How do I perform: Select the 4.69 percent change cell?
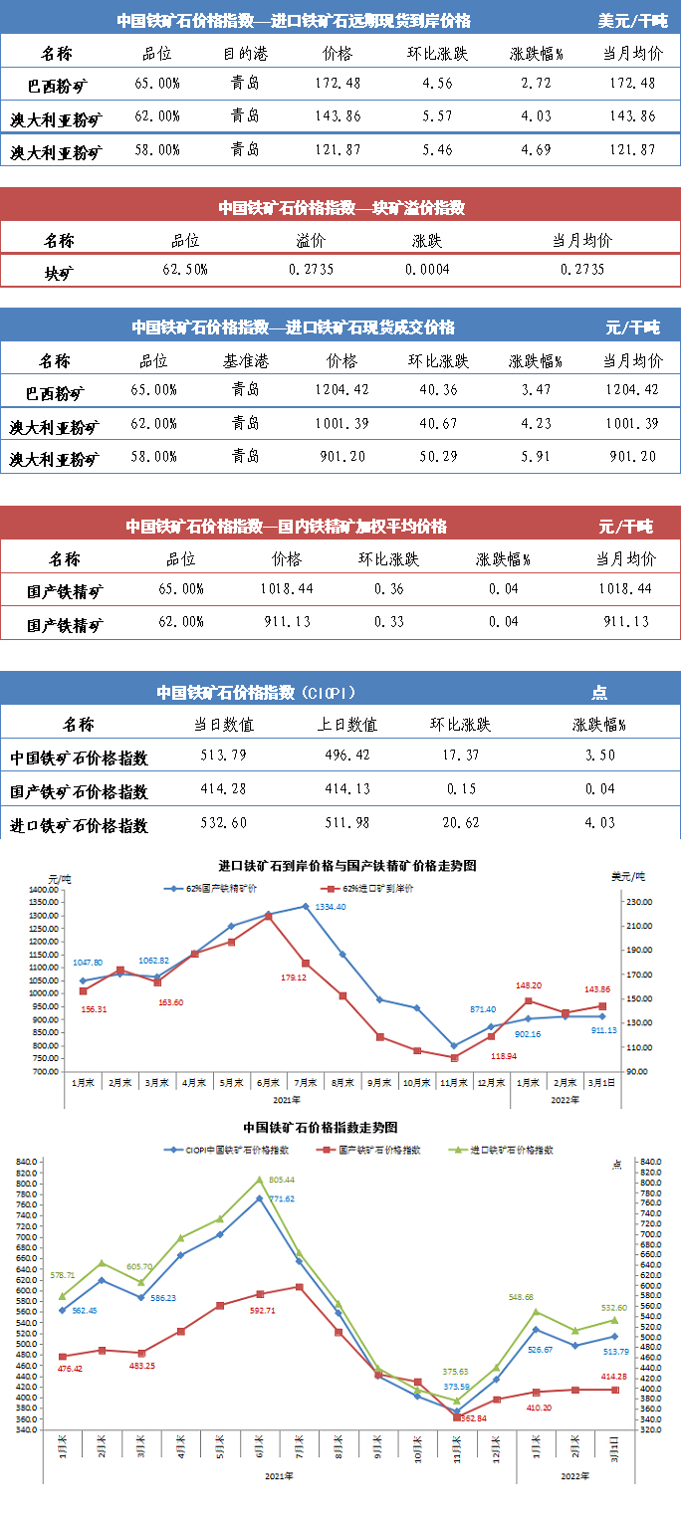pyautogui.click(x=536, y=151)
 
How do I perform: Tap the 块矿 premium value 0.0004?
pyautogui.click(x=427, y=270)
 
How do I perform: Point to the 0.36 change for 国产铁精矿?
pyautogui.click(x=388, y=589)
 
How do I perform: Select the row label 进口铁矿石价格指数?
pyautogui.click(x=79, y=825)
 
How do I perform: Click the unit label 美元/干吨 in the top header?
pyautogui.click(x=632, y=21)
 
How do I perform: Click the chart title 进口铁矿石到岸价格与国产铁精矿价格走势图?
pyautogui.click(x=347, y=866)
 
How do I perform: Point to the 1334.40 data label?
pyautogui.click(x=332, y=907)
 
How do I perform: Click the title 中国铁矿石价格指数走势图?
pyautogui.click(x=321, y=1128)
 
